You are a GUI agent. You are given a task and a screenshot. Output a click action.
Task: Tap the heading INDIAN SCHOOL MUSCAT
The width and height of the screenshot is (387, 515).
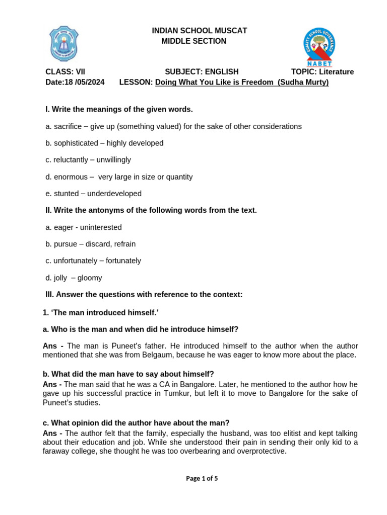pyautogui.click(x=200, y=31)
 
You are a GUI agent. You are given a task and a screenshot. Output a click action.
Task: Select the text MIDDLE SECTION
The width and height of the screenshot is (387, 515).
pyautogui.click(x=194, y=41)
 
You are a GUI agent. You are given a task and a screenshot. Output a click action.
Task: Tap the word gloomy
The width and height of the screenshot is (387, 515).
pyautogui.click(x=90, y=278)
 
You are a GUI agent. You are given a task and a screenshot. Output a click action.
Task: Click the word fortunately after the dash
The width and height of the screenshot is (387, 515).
pyautogui.click(x=120, y=261)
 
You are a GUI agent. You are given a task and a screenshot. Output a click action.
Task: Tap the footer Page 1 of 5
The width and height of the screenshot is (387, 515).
pyautogui.click(x=202, y=479)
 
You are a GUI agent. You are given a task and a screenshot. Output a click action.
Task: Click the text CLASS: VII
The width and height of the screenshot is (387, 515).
pyautogui.click(x=65, y=72)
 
